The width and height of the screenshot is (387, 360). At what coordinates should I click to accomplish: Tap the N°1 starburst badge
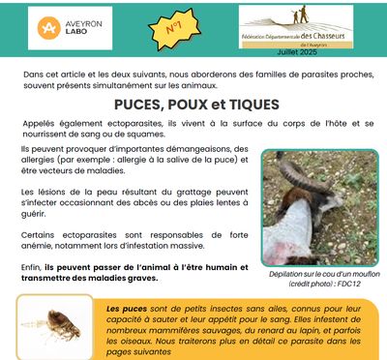[x=176, y=30]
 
